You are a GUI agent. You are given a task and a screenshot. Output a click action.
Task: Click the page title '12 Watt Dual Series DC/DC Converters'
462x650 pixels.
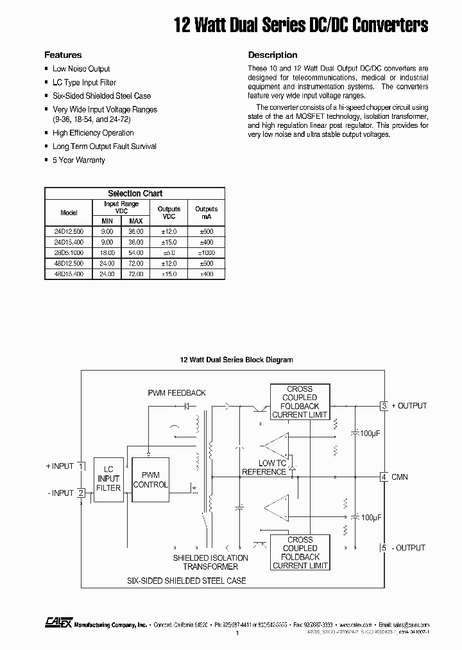coord(301,25)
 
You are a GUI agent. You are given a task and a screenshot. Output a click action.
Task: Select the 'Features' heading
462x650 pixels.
coord(63,55)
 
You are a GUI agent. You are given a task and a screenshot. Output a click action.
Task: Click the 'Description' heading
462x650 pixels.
coord(273,55)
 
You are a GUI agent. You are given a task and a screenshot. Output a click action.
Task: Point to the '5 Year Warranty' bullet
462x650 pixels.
coord(78,160)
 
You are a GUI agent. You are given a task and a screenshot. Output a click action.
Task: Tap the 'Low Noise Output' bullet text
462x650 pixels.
coord(81,69)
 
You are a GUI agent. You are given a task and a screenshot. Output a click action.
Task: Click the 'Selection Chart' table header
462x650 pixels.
coord(135,193)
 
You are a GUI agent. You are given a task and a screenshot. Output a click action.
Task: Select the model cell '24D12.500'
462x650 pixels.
coord(69,231)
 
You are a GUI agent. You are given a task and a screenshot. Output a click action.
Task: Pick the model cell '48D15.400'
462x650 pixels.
coord(69,274)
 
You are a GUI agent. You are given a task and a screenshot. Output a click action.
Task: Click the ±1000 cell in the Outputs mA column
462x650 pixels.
coord(206,252)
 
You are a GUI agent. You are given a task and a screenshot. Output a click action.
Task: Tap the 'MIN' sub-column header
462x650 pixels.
coord(107,221)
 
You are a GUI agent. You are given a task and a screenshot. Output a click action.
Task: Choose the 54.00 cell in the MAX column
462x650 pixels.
coord(135,252)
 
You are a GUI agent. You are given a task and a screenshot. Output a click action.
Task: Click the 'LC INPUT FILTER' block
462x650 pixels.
coord(108,479)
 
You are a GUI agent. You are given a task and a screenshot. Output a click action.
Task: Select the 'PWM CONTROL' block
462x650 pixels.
coord(150,480)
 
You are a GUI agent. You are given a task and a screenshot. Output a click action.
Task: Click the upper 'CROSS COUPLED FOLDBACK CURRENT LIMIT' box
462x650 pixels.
coord(300,402)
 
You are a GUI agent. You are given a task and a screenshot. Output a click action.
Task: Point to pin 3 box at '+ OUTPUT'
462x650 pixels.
coord(384,406)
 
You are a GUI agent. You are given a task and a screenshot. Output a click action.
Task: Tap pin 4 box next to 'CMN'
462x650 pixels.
coord(384,477)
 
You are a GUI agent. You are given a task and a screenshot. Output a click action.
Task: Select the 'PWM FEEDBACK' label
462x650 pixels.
coord(176,392)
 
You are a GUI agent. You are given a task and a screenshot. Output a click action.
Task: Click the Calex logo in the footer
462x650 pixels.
coord(58,622)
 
